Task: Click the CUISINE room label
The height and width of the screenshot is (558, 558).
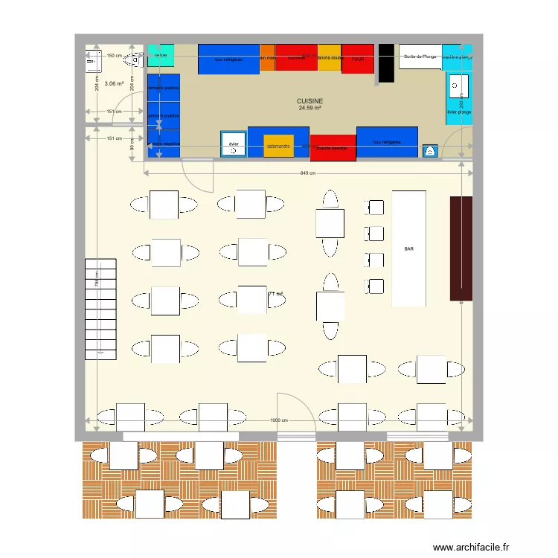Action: click(310, 101)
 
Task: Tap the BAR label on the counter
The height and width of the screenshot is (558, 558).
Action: click(409, 249)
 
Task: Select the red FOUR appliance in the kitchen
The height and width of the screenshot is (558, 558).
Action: click(358, 59)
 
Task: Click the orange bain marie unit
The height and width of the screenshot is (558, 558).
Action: click(267, 58)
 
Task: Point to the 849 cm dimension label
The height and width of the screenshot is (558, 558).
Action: click(310, 173)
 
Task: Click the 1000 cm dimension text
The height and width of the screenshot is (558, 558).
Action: click(279, 420)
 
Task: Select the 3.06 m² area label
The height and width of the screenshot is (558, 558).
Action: click(114, 84)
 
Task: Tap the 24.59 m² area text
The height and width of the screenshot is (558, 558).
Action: click(310, 109)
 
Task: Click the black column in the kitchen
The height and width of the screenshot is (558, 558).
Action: click(386, 63)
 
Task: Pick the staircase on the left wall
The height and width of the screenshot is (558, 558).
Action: click(100, 309)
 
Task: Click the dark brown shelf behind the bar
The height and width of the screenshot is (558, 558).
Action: click(461, 248)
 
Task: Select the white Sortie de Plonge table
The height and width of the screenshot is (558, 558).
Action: click(420, 57)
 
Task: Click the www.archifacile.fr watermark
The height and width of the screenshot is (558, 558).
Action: click(471, 547)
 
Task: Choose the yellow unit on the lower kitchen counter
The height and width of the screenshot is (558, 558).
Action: click(278, 146)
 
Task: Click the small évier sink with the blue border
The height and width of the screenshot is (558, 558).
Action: click(234, 144)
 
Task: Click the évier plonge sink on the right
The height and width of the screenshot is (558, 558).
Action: click(459, 94)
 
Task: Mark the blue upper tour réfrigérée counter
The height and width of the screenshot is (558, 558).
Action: click(228, 59)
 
